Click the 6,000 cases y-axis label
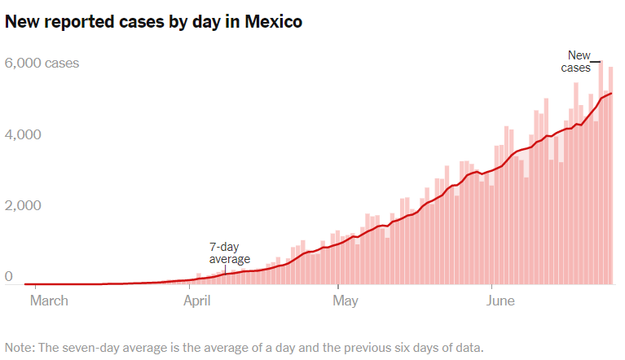[x=42, y=63]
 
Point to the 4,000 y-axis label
[x=24, y=134]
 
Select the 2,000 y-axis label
[x=24, y=206]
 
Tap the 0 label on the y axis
[x=9, y=278]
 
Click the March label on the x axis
[x=49, y=301]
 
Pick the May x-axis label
[x=346, y=301]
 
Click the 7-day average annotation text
[x=230, y=253]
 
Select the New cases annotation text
[x=576, y=62]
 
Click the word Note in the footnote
[x=20, y=347]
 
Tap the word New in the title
[x=24, y=23]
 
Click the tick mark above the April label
[x=190, y=288]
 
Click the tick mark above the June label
[x=491, y=288]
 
